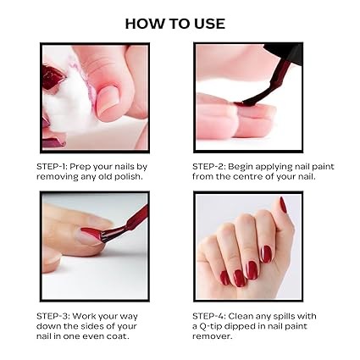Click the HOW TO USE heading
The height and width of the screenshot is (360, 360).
pos(175,24)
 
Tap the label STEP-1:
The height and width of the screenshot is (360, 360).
pos(52,166)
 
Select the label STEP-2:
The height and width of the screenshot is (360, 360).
pos(208,166)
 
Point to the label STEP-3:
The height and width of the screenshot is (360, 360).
pos(53,316)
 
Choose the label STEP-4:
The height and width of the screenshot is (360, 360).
pos(209,316)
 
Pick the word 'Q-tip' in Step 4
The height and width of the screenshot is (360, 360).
pos(211,327)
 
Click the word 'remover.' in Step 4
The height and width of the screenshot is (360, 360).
pos(213,336)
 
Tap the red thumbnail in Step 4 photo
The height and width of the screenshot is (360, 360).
pos(283,205)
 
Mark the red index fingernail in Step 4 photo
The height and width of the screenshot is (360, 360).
pos(266,253)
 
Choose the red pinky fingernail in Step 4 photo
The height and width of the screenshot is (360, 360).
pos(224,278)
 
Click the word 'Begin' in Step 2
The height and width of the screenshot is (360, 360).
pos(241,167)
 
